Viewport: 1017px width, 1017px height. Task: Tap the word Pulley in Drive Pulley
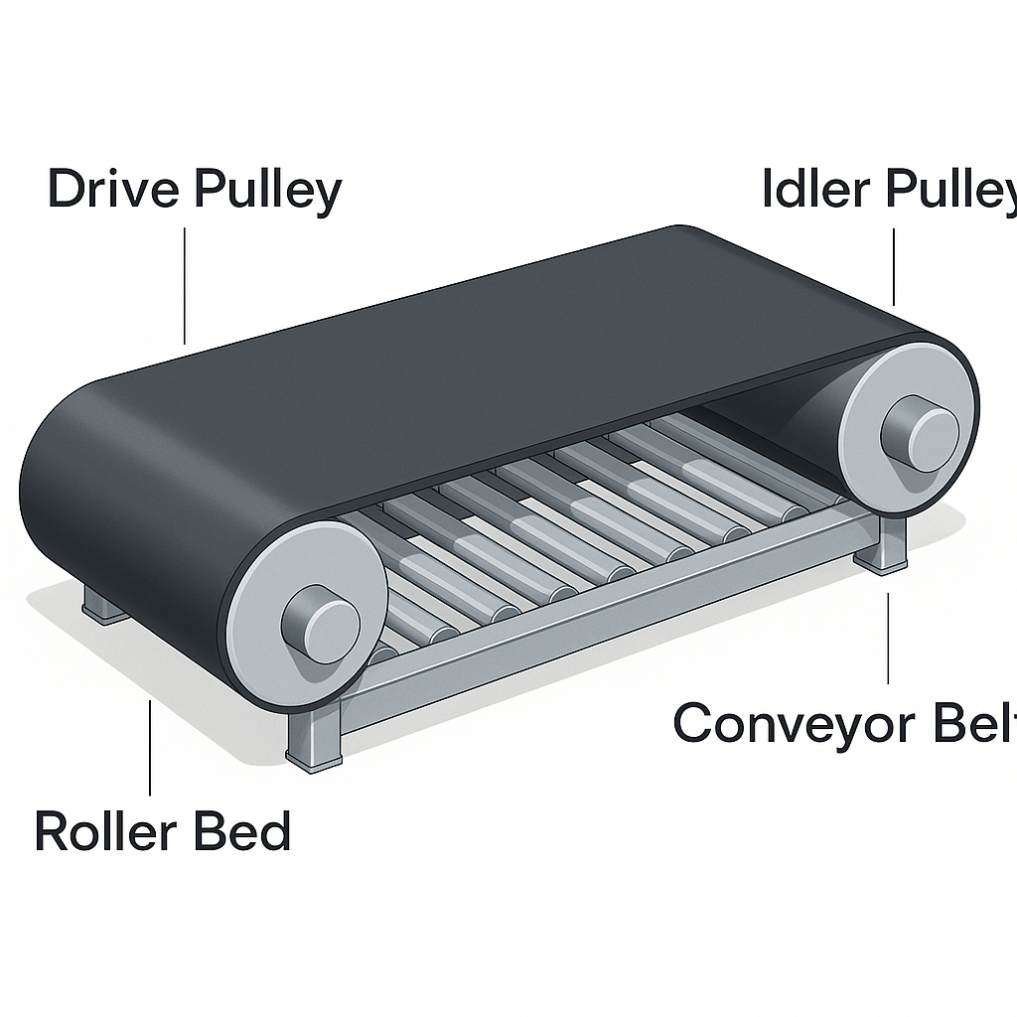[x=268, y=191]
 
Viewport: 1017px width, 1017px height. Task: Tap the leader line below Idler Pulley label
[x=894, y=266]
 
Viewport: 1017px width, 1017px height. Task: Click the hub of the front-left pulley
[x=320, y=623]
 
